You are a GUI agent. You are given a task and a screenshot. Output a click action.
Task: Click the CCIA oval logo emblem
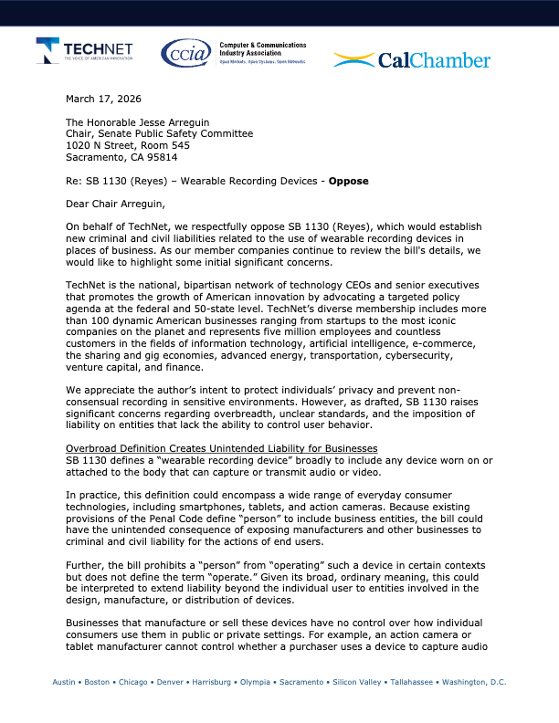click(x=185, y=54)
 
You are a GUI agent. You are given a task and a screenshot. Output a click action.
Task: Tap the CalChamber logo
click(x=411, y=60)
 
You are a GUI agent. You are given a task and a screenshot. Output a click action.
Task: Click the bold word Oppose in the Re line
click(x=350, y=181)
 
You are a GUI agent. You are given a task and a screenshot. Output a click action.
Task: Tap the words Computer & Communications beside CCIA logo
click(x=262, y=45)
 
